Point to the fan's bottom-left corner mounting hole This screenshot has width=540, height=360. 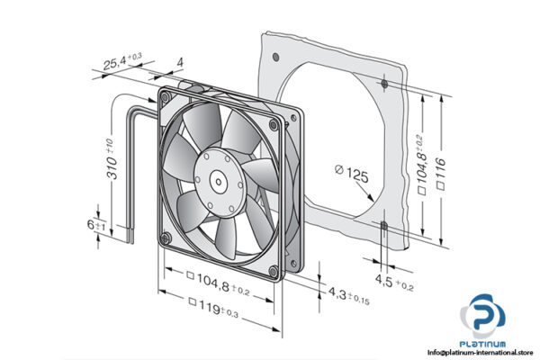[x=165, y=235]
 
